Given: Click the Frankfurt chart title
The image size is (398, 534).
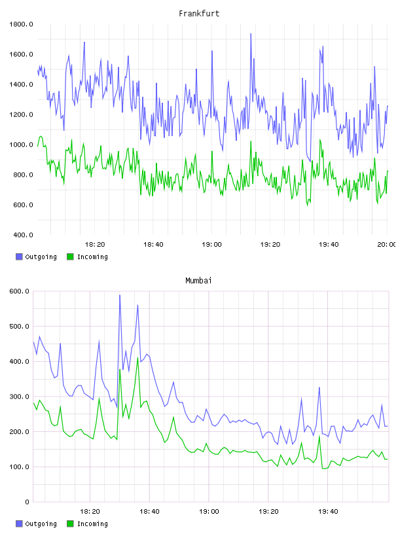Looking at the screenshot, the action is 199,14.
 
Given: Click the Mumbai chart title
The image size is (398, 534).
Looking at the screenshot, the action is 198,281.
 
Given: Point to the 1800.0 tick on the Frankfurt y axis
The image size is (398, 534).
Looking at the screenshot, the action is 21,24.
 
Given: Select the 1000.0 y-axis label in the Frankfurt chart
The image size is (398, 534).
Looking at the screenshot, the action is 21,145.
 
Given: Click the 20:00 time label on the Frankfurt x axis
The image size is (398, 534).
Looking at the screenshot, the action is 386,245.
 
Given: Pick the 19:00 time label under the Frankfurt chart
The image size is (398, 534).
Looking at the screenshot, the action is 211,245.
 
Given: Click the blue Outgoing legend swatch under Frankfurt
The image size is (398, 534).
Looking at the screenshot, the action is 19,257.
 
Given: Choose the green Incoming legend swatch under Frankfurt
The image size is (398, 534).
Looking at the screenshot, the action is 70,257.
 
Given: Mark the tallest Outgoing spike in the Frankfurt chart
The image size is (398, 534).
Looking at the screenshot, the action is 251,34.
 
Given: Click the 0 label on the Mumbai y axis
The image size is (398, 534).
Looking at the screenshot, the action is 27,502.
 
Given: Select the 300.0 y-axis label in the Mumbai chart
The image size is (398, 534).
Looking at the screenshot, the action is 20,397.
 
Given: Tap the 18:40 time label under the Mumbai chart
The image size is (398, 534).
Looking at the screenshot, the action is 149,512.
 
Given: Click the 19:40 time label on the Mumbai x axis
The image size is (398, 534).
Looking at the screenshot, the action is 328,512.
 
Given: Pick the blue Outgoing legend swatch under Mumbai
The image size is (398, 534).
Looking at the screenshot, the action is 19,524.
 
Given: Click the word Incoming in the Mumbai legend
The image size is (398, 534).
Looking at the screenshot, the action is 93,524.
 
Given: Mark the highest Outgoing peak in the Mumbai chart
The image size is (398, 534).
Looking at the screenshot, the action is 120,295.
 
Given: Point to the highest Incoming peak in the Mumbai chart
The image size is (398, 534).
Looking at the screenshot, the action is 138,357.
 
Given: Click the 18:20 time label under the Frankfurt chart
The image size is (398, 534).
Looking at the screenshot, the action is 95,245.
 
